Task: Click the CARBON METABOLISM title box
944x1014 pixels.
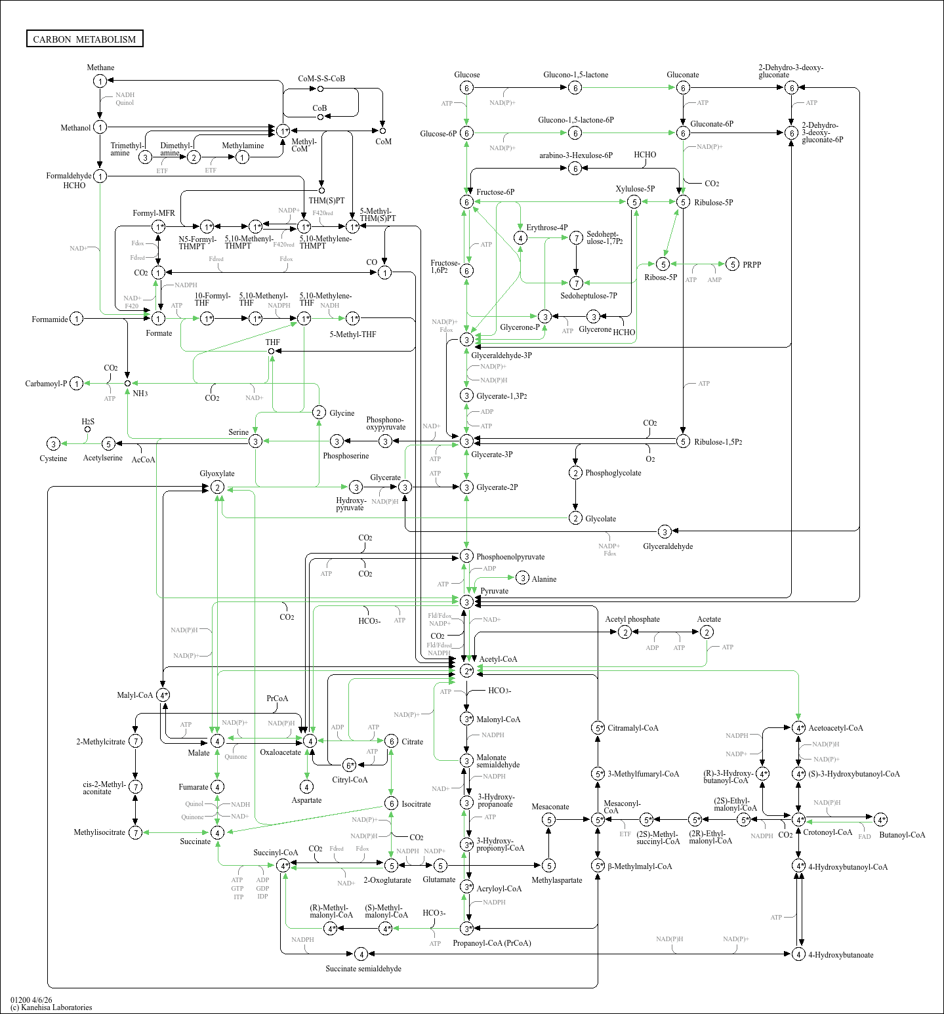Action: [85, 39]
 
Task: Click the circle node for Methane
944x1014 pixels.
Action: [100, 81]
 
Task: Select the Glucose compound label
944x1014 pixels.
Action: [466, 75]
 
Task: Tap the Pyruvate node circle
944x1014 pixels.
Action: [466, 601]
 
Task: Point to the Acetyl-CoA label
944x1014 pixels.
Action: [498, 659]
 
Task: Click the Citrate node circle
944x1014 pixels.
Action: [391, 741]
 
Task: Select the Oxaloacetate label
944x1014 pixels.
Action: [280, 752]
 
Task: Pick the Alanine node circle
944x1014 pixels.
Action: [522, 578]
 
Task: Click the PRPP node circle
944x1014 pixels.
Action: [733, 264]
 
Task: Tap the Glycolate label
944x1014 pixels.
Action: [600, 519]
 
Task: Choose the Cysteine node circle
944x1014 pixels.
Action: [54, 444]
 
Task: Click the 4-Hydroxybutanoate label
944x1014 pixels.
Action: [840, 955]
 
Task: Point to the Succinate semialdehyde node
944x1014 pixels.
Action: [360, 954]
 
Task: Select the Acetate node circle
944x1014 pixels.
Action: [707, 632]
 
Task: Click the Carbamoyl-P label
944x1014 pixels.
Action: [46, 384]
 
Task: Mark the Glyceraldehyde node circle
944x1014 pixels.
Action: [665, 531]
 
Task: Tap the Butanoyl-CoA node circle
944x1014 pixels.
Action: [880, 819]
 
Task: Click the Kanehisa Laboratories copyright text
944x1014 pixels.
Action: [51, 1007]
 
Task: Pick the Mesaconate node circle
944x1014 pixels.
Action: [549, 819]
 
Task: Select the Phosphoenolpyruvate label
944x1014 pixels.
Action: [510, 557]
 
